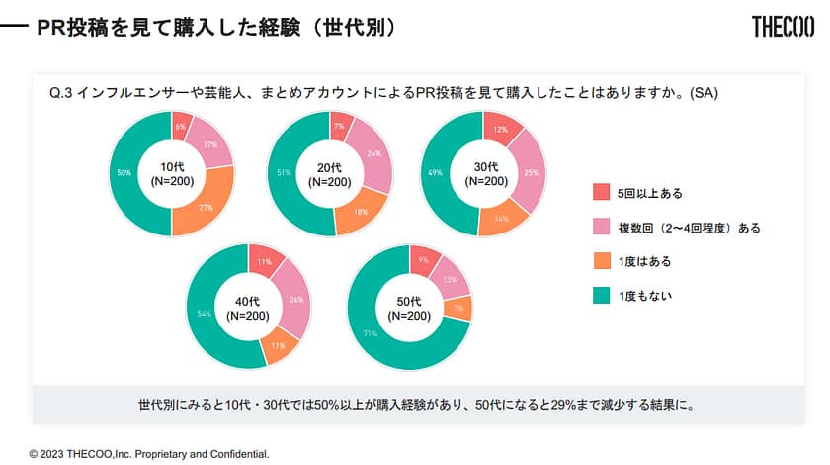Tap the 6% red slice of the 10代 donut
[x=181, y=126]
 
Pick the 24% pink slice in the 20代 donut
[x=373, y=154]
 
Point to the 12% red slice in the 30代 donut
[x=501, y=129]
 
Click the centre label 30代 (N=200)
[x=484, y=173]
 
